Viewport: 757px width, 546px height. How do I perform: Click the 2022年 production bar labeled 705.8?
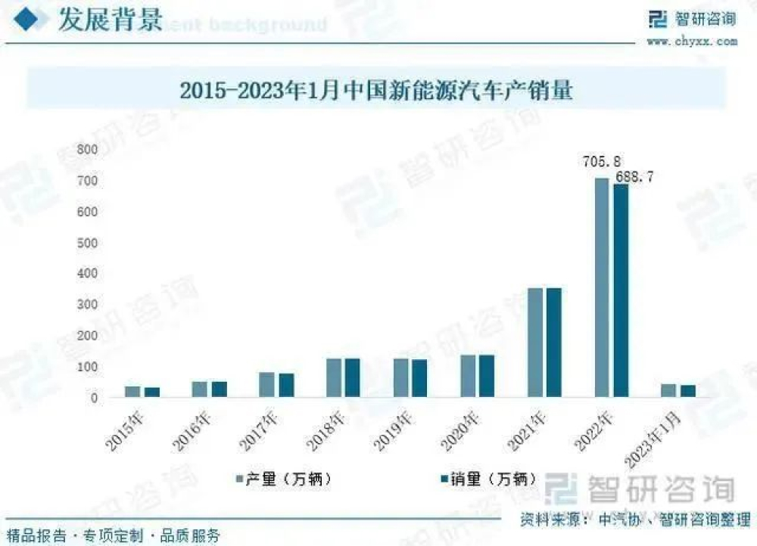pos(602,287)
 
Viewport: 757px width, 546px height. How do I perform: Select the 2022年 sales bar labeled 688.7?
pos(621,290)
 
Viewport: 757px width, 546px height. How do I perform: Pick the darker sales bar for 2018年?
pos(352,377)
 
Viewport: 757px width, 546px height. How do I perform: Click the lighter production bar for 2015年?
pos(132,392)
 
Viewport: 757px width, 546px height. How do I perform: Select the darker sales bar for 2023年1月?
pos(687,391)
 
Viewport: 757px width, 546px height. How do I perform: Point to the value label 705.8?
pos(603,161)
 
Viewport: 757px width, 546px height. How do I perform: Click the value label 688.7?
pos(633,177)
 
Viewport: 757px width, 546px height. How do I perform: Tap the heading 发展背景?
pos(111,20)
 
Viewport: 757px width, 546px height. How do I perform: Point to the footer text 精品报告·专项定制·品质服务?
pos(114,535)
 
